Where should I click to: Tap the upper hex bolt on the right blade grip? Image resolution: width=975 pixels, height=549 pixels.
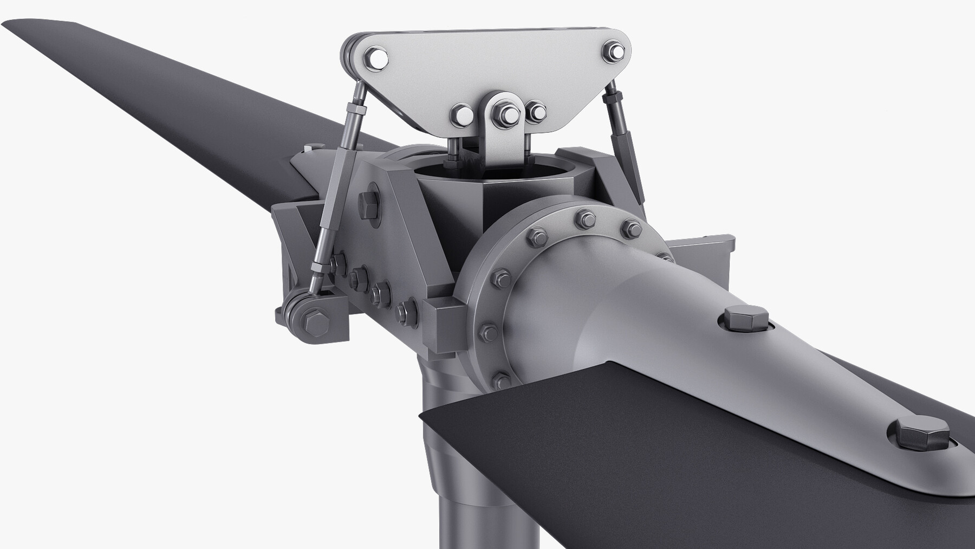tap(745, 318)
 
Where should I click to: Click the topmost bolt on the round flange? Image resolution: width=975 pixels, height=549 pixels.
tap(586, 218)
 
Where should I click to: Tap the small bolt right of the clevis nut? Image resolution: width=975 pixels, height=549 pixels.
tap(537, 112)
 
